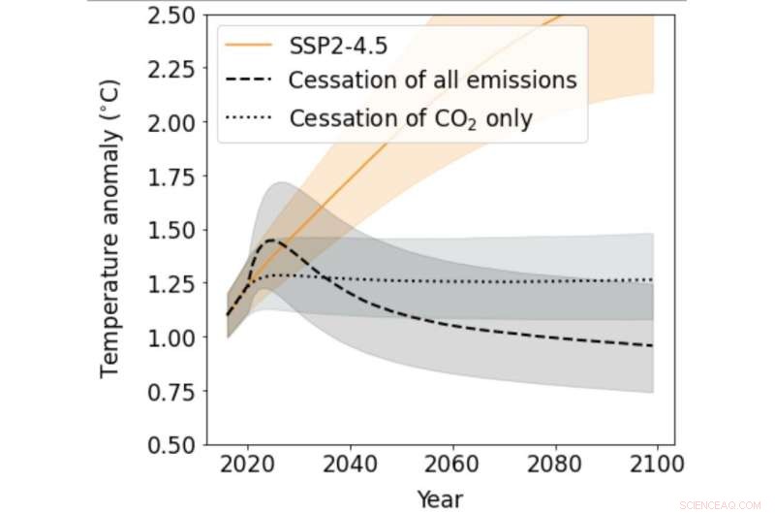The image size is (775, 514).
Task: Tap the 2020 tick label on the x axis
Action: tap(247, 467)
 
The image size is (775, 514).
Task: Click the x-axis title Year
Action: tap(440, 498)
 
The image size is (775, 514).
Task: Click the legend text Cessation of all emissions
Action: tap(432, 81)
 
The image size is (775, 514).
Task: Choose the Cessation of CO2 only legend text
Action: tap(411, 119)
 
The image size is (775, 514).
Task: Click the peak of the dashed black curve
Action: tap(270, 240)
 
